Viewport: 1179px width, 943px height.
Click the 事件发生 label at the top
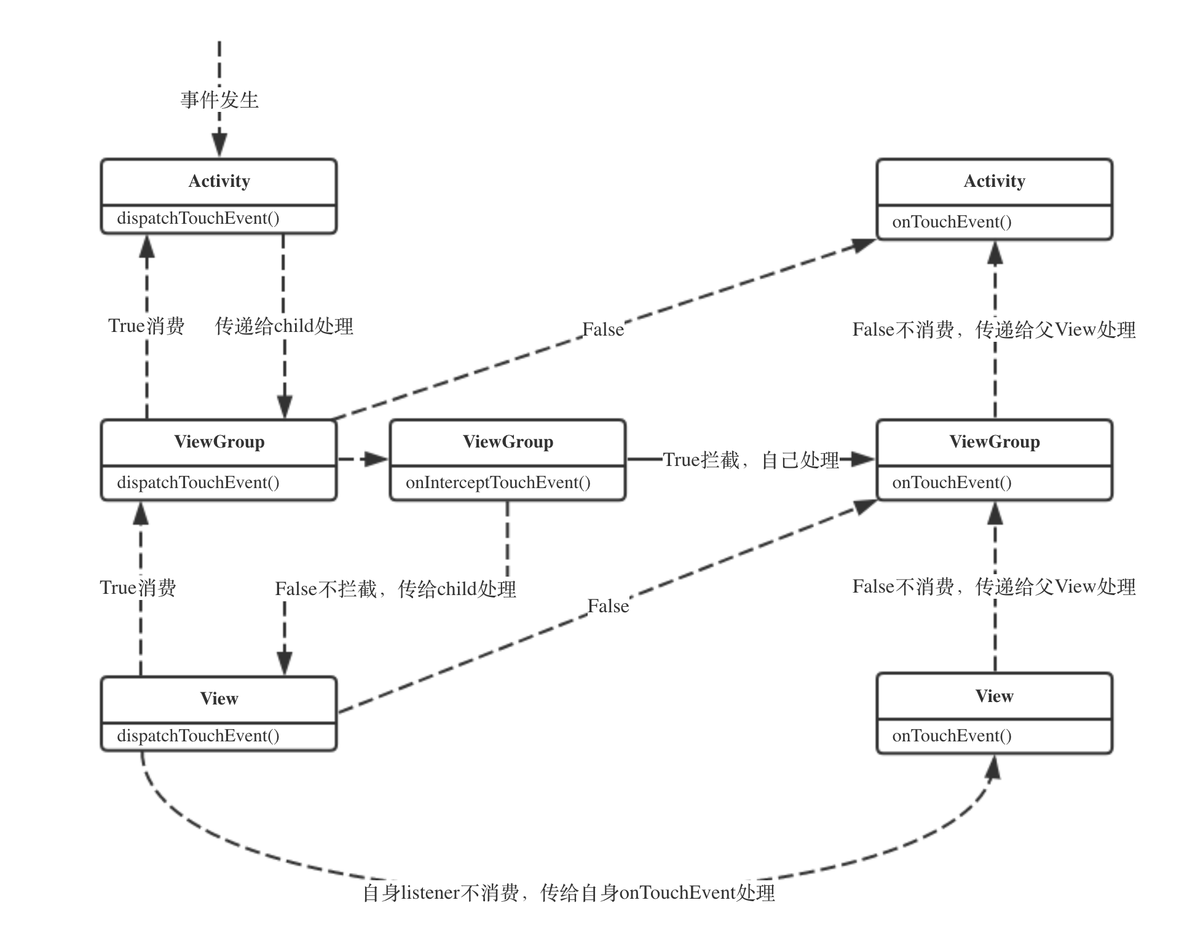coord(219,100)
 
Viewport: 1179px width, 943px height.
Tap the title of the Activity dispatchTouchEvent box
coord(219,181)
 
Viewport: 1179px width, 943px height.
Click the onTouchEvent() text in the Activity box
coord(952,222)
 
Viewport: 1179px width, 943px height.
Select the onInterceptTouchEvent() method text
coord(498,483)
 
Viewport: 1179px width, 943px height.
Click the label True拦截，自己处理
coord(751,460)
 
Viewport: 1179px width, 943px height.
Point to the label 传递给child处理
coord(284,326)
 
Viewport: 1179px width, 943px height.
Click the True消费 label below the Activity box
coord(146,326)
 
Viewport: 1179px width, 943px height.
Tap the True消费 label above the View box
coord(138,588)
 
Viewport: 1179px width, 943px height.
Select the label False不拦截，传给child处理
coord(395,589)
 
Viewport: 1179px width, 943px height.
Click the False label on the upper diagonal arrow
coord(603,330)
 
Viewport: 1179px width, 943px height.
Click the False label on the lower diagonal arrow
coord(608,607)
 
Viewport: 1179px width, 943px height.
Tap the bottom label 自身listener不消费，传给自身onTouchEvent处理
coord(569,893)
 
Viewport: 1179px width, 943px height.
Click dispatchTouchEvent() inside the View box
coord(198,736)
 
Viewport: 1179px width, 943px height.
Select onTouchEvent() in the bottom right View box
coord(952,736)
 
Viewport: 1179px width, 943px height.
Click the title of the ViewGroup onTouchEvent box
coord(994,442)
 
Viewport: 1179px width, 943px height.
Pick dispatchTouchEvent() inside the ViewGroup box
coord(198,483)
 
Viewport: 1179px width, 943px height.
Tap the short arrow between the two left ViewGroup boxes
coord(363,459)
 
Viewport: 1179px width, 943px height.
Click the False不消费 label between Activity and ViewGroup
coord(993,330)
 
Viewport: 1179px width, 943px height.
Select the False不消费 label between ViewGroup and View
coord(993,587)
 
